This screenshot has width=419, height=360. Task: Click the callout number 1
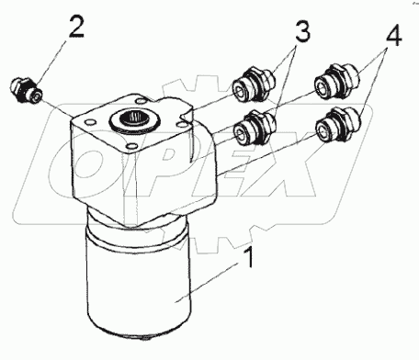coord(250,258)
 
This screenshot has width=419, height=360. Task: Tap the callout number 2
coord(75,27)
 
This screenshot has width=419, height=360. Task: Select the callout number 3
coord(302,30)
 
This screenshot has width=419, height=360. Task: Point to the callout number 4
coord(393,35)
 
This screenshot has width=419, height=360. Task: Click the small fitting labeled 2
coord(26,91)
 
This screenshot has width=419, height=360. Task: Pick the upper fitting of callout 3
coord(255,84)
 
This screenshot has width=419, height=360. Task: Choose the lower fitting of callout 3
coord(255,128)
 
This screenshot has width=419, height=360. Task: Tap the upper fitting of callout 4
coord(337,81)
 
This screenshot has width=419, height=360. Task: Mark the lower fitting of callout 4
coord(338,124)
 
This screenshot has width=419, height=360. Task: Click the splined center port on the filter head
coord(135,120)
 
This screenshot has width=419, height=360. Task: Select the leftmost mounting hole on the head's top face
coord(89,123)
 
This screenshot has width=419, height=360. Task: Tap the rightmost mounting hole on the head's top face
coord(181,123)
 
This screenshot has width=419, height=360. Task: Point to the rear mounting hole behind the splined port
coord(142,100)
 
